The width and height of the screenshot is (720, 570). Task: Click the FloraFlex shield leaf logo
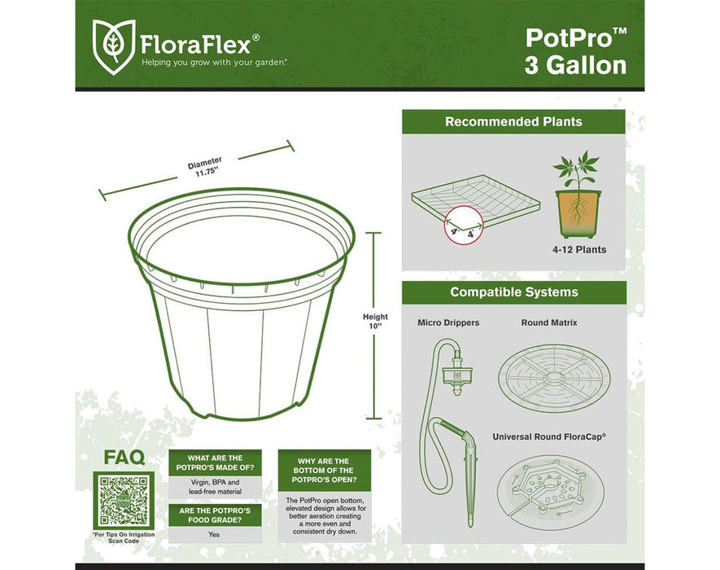tap(113, 42)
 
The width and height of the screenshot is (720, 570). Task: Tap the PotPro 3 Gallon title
tap(575, 50)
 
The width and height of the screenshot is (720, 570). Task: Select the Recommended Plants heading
tap(513, 122)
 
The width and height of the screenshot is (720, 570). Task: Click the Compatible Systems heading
tap(513, 292)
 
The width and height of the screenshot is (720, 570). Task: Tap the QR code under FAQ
tap(122, 499)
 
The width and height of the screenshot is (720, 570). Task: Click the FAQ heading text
tap(124, 458)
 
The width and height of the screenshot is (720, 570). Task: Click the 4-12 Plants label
tap(578, 250)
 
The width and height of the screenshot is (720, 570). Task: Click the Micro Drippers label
tap(448, 323)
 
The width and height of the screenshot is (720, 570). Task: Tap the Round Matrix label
tap(549, 323)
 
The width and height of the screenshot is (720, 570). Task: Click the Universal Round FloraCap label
tap(549, 436)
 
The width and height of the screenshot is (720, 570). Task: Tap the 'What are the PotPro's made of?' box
tap(215, 463)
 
